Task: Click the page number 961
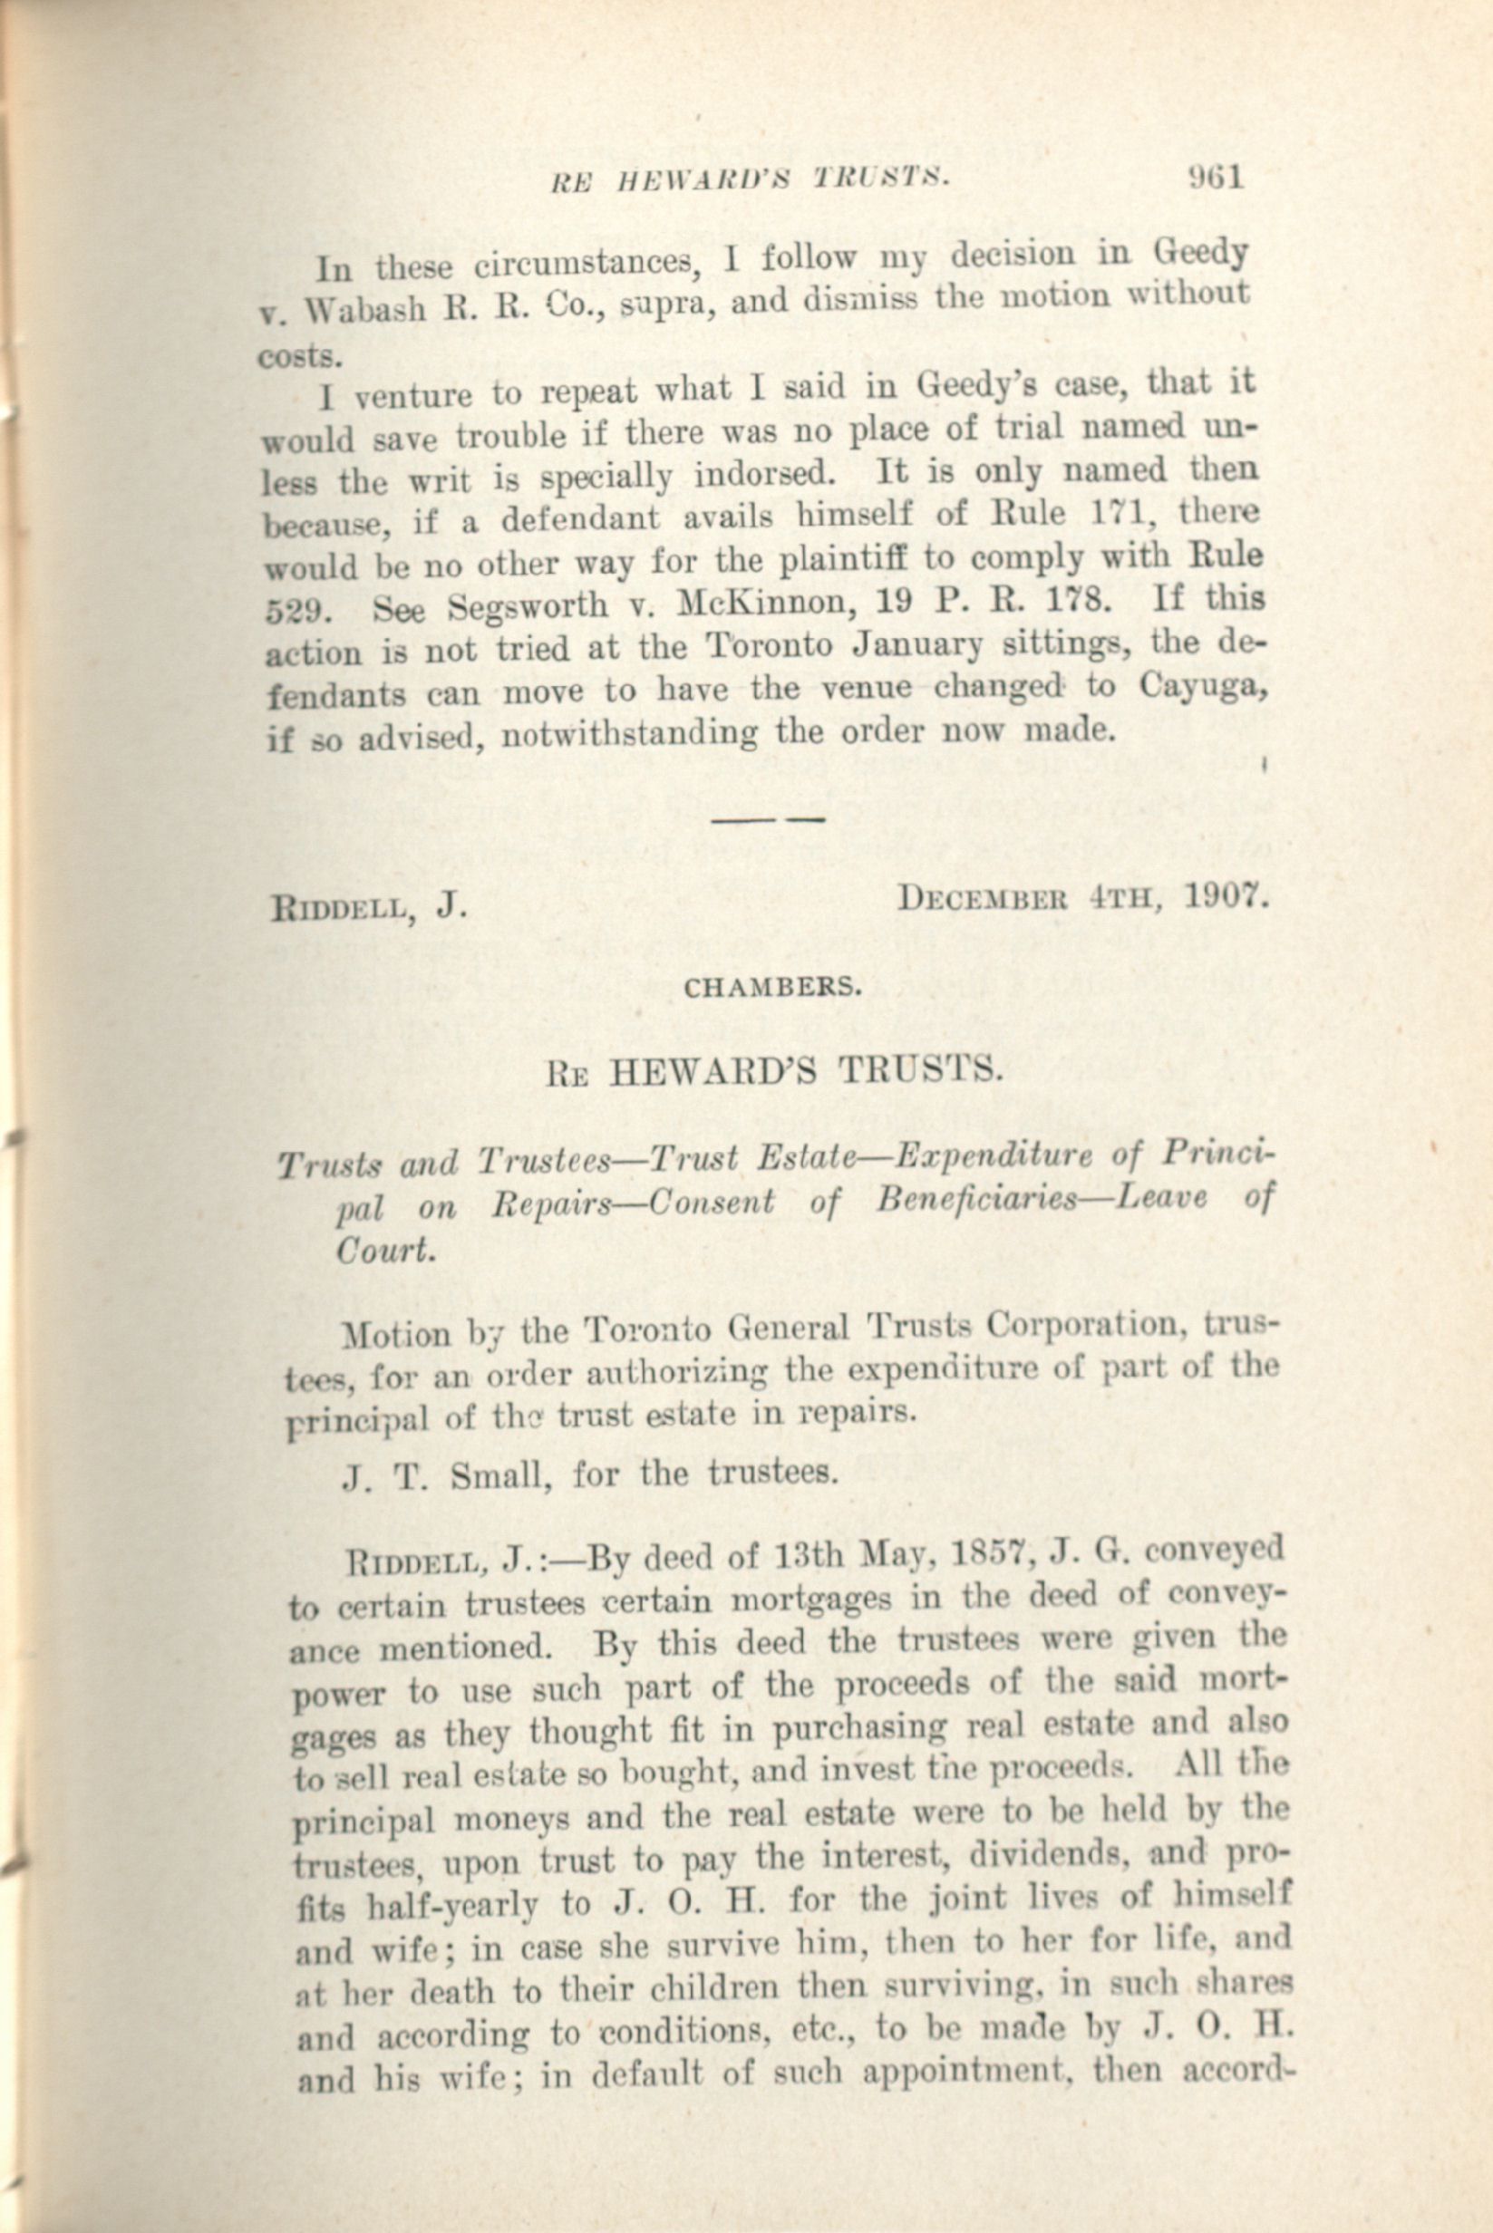click(x=1216, y=178)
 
